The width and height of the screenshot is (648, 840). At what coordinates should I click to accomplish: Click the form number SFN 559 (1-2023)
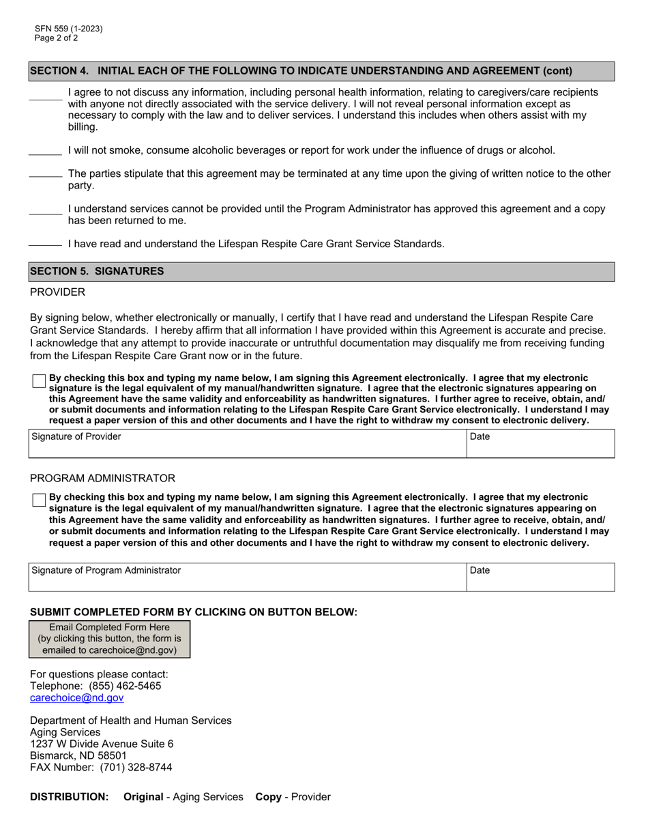pyautogui.click(x=69, y=29)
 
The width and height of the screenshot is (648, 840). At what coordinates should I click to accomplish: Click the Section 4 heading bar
pyautogui.click(x=321, y=71)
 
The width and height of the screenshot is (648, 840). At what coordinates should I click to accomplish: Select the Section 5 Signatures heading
pyautogui.click(x=321, y=271)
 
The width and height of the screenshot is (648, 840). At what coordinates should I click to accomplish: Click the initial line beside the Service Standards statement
pyautogui.click(x=46, y=244)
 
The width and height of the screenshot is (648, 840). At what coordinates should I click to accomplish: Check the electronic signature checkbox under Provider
pyautogui.click(x=39, y=381)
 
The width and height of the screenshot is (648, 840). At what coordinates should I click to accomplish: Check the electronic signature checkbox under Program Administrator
pyautogui.click(x=39, y=500)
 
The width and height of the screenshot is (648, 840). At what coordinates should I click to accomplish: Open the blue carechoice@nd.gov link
pyautogui.click(x=77, y=697)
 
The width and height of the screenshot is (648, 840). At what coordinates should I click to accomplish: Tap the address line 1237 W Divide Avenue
pyautogui.click(x=102, y=744)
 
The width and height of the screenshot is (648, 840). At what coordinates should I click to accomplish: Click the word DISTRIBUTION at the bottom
pyautogui.click(x=69, y=796)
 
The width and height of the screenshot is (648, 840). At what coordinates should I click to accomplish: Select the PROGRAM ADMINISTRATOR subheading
pyautogui.click(x=102, y=478)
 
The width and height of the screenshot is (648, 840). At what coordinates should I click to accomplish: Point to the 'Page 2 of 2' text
pyautogui.click(x=57, y=38)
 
